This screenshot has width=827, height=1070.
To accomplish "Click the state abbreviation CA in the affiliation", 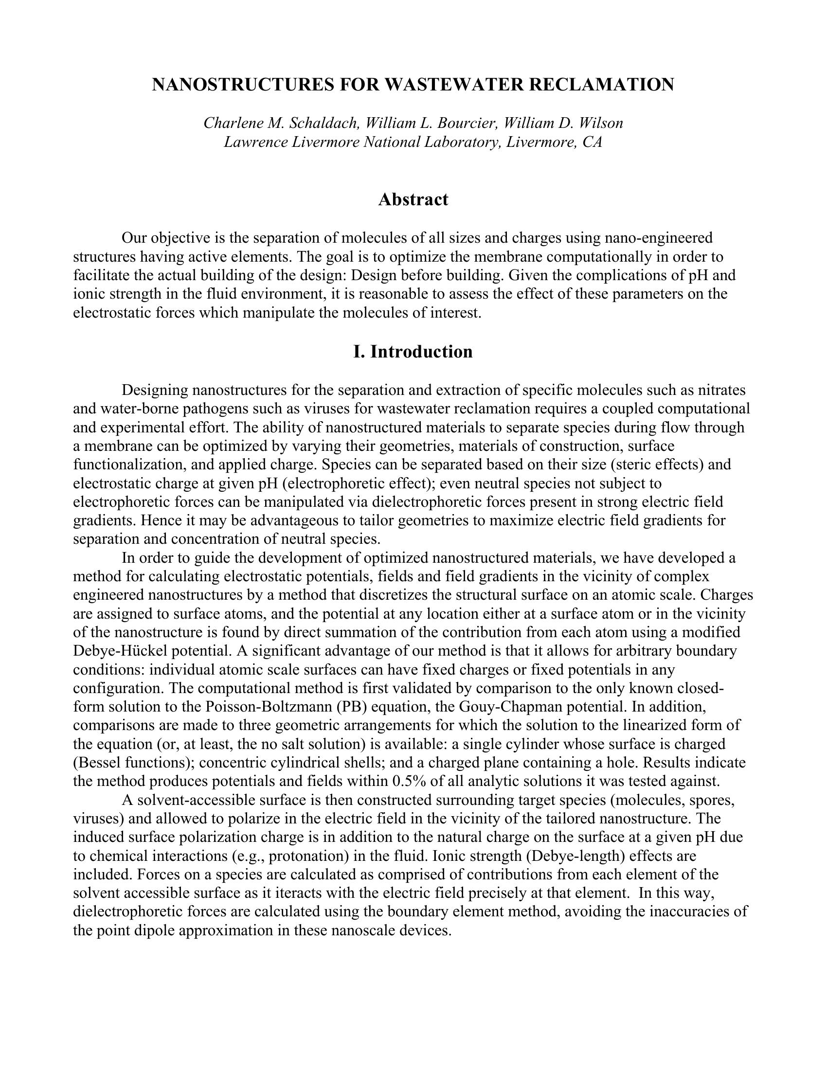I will [593, 142].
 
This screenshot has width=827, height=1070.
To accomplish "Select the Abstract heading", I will [413, 199].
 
